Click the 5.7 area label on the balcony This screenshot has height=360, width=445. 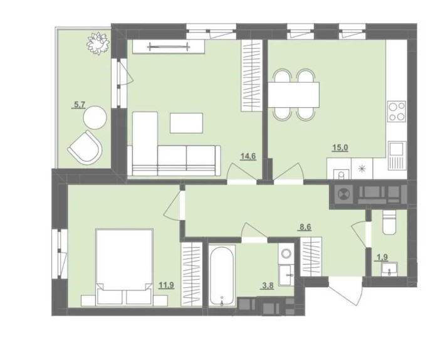click(79, 105)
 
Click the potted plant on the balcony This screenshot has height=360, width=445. click(98, 42)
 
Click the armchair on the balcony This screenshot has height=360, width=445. click(85, 147)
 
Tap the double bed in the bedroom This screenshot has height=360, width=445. click(124, 267)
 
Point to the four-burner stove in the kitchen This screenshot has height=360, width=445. click(396, 112)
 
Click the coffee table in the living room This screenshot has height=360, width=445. click(187, 123)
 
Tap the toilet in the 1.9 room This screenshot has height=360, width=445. click(387, 223)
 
